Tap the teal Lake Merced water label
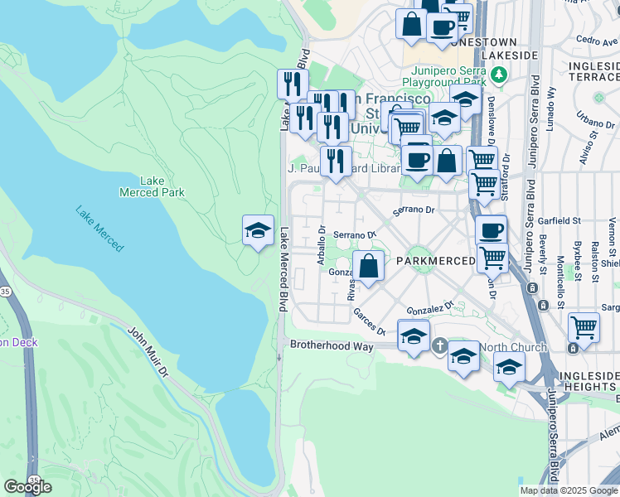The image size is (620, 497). point(99,229)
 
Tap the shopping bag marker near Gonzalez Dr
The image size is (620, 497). point(369,268)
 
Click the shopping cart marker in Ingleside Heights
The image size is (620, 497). point(584,327)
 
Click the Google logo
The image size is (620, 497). point(27,487)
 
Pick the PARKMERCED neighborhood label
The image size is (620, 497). point(434,260)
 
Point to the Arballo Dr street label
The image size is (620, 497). point(321,244)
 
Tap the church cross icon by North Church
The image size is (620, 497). point(439,345)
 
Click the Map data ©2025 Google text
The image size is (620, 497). point(569,490)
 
